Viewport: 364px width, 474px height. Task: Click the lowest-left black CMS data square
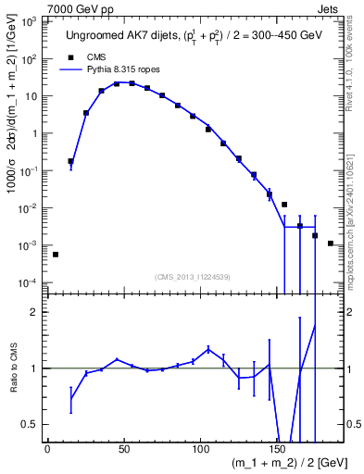[x=56, y=255]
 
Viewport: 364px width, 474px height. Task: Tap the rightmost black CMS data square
[x=330, y=243]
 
